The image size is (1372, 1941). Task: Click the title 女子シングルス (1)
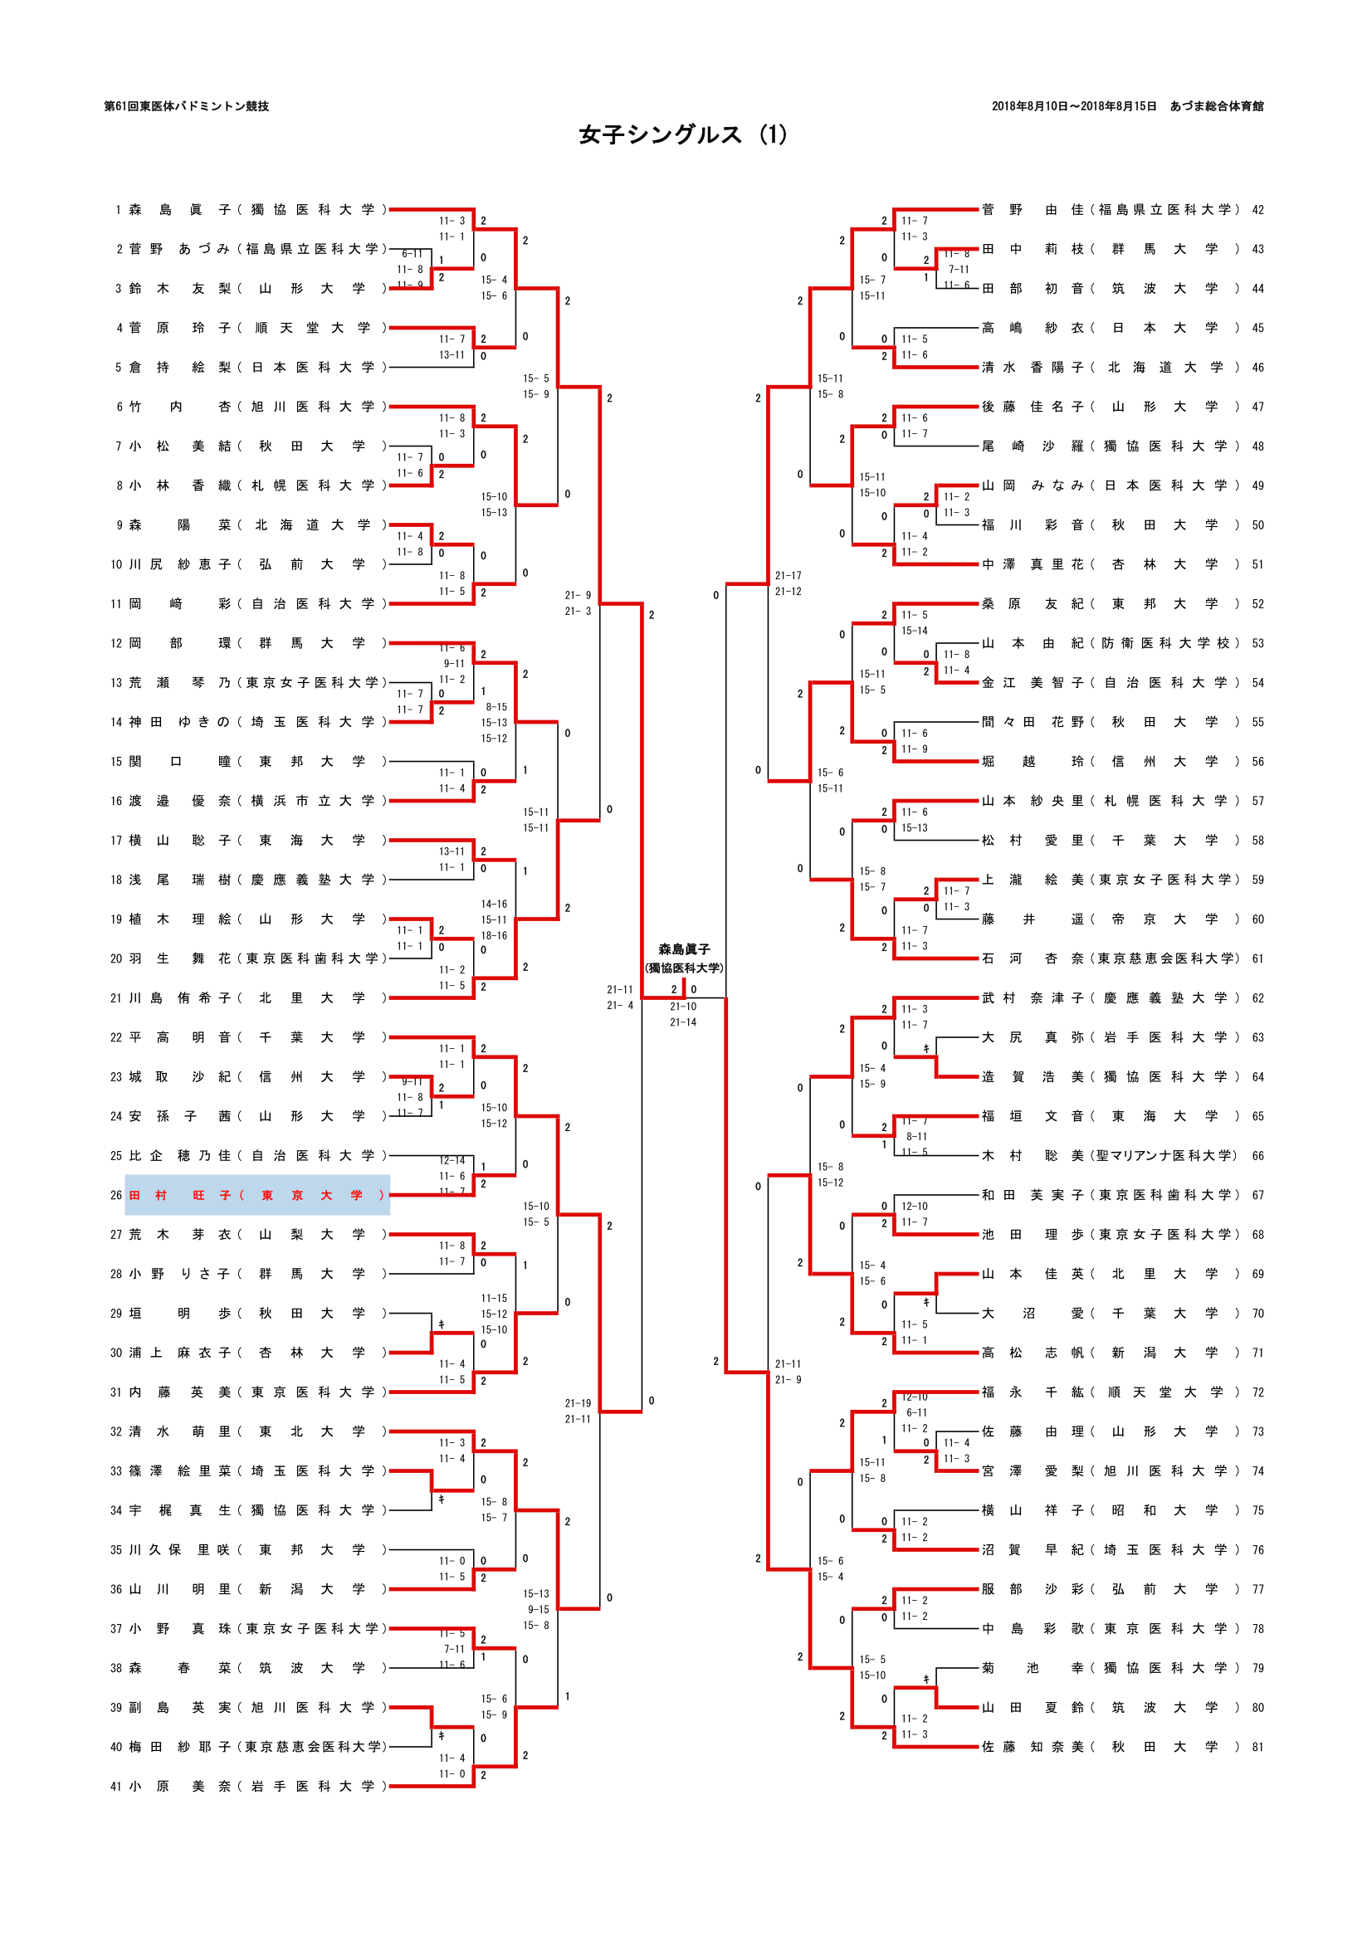pyautogui.click(x=683, y=135)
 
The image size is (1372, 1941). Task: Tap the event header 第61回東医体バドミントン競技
pyautogui.click(x=186, y=106)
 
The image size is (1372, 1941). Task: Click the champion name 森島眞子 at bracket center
pyautogui.click(x=684, y=949)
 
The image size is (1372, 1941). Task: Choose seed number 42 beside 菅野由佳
pyautogui.click(x=1258, y=210)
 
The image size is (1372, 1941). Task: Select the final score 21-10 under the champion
pyautogui.click(x=683, y=1006)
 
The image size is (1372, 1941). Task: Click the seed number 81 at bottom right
pyautogui.click(x=1258, y=1747)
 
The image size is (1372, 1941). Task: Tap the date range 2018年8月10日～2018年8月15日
pyautogui.click(x=1073, y=106)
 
